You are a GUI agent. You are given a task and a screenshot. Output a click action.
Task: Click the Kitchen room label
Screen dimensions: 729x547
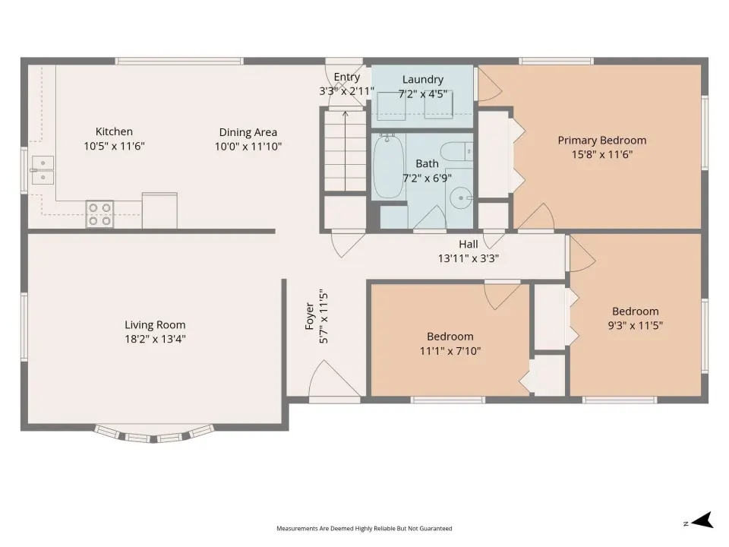coord(114,131)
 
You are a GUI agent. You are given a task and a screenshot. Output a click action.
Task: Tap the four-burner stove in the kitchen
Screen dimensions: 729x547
coord(100,214)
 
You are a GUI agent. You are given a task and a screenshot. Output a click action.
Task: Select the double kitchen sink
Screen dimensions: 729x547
coord(43,170)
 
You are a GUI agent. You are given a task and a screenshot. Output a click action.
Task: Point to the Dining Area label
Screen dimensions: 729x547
coord(248,132)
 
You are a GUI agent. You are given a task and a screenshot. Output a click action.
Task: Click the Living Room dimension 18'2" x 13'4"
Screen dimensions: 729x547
coord(155,339)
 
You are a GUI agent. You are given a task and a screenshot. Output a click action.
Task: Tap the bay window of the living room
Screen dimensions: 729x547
coord(154,434)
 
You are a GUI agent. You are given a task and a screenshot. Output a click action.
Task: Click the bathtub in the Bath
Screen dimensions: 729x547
coord(388,166)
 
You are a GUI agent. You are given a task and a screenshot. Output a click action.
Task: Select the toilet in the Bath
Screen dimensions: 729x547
coord(456,152)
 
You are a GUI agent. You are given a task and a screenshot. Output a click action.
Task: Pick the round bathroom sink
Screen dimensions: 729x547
coord(461,198)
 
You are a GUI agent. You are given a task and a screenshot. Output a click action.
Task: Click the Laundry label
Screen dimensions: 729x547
coord(423,80)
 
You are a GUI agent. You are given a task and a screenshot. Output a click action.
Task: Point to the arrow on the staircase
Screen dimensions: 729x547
coord(345,150)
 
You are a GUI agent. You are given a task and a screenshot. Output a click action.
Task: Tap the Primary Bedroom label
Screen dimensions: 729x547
coord(602,140)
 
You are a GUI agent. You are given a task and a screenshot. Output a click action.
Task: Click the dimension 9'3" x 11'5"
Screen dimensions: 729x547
coord(635,326)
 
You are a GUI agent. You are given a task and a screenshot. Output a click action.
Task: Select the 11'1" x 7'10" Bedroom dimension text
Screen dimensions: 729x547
coord(450,351)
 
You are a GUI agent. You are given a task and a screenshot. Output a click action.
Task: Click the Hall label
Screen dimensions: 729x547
coord(469,244)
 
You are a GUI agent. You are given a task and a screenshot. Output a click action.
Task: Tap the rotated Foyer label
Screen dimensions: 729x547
coord(310,316)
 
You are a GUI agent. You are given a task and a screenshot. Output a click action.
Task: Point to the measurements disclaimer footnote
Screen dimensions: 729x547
coord(364,529)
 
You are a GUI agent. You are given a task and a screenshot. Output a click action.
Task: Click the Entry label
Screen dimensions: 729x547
coord(347,77)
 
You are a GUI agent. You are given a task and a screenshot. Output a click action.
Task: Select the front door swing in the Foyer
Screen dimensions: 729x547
coord(334,378)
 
